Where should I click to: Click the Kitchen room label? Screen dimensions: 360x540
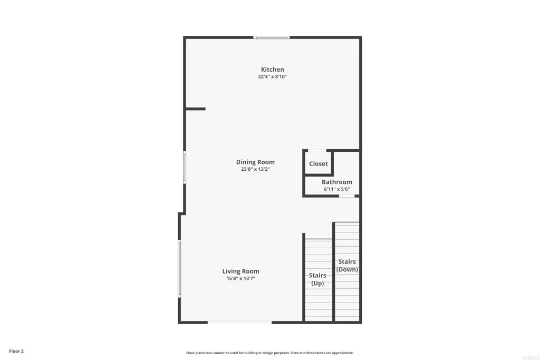(272, 70)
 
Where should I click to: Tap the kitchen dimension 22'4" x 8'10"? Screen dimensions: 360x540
(272, 77)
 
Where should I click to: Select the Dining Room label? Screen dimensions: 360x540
(255, 162)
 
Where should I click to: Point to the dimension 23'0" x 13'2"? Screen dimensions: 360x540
(255, 170)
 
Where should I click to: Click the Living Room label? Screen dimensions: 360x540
(240, 271)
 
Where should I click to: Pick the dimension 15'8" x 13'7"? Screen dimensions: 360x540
(240, 279)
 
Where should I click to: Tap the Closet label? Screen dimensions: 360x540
(319, 164)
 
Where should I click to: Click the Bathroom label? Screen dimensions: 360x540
(337, 182)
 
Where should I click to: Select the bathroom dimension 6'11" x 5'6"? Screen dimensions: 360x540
(337, 189)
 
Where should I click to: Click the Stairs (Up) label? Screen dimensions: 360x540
(317, 279)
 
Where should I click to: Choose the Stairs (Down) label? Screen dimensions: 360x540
(347, 266)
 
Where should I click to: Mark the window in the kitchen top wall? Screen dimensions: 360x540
(272, 37)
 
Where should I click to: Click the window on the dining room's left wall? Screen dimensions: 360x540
(185, 167)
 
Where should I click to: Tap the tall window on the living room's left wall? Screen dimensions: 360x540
(179, 268)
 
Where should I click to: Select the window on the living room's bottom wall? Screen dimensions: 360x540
(239, 322)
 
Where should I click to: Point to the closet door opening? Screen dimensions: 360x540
(317, 151)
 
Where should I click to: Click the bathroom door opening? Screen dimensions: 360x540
(346, 196)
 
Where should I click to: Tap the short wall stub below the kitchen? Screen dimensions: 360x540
(195, 109)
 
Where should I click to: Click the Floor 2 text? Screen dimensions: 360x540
(16, 351)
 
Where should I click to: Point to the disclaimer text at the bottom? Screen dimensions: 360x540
(270, 353)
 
